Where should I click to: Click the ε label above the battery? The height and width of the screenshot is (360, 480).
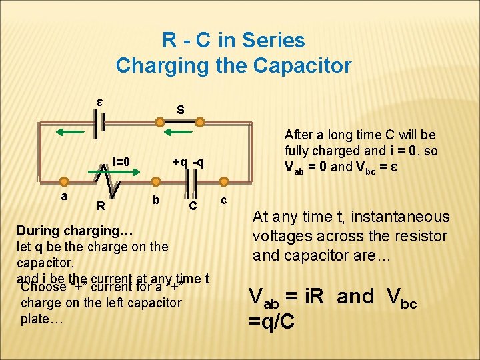pos(99,103)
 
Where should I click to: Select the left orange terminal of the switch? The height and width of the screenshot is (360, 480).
pos(159,122)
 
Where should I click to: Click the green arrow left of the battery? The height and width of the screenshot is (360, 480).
pos(69,132)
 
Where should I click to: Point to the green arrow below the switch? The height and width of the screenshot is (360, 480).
pos(173,133)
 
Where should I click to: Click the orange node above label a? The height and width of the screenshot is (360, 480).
pos(64,181)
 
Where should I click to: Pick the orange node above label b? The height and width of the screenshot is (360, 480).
pos(156,181)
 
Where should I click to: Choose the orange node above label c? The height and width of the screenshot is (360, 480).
pos(224,181)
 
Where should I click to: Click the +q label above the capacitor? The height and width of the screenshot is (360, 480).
pos(180,161)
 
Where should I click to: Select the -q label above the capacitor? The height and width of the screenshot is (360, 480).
pos(198,161)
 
